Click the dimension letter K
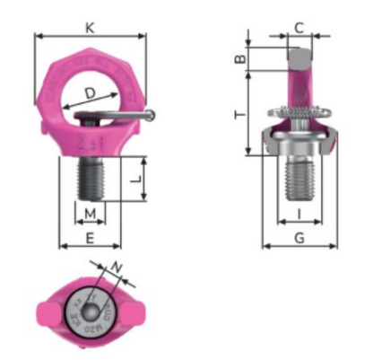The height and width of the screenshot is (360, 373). [x=90, y=28]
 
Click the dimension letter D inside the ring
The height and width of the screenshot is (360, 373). [x=90, y=92]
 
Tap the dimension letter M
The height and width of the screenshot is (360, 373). [x=90, y=214]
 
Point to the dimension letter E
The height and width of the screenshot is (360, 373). [x=90, y=237]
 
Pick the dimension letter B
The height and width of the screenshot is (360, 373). [x=239, y=59]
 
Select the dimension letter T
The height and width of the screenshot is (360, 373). [x=239, y=114]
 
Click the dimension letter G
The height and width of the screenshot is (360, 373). [x=299, y=237]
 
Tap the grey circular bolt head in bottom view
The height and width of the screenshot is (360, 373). [x=90, y=310]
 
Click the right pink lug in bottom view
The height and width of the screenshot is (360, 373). [x=134, y=311]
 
